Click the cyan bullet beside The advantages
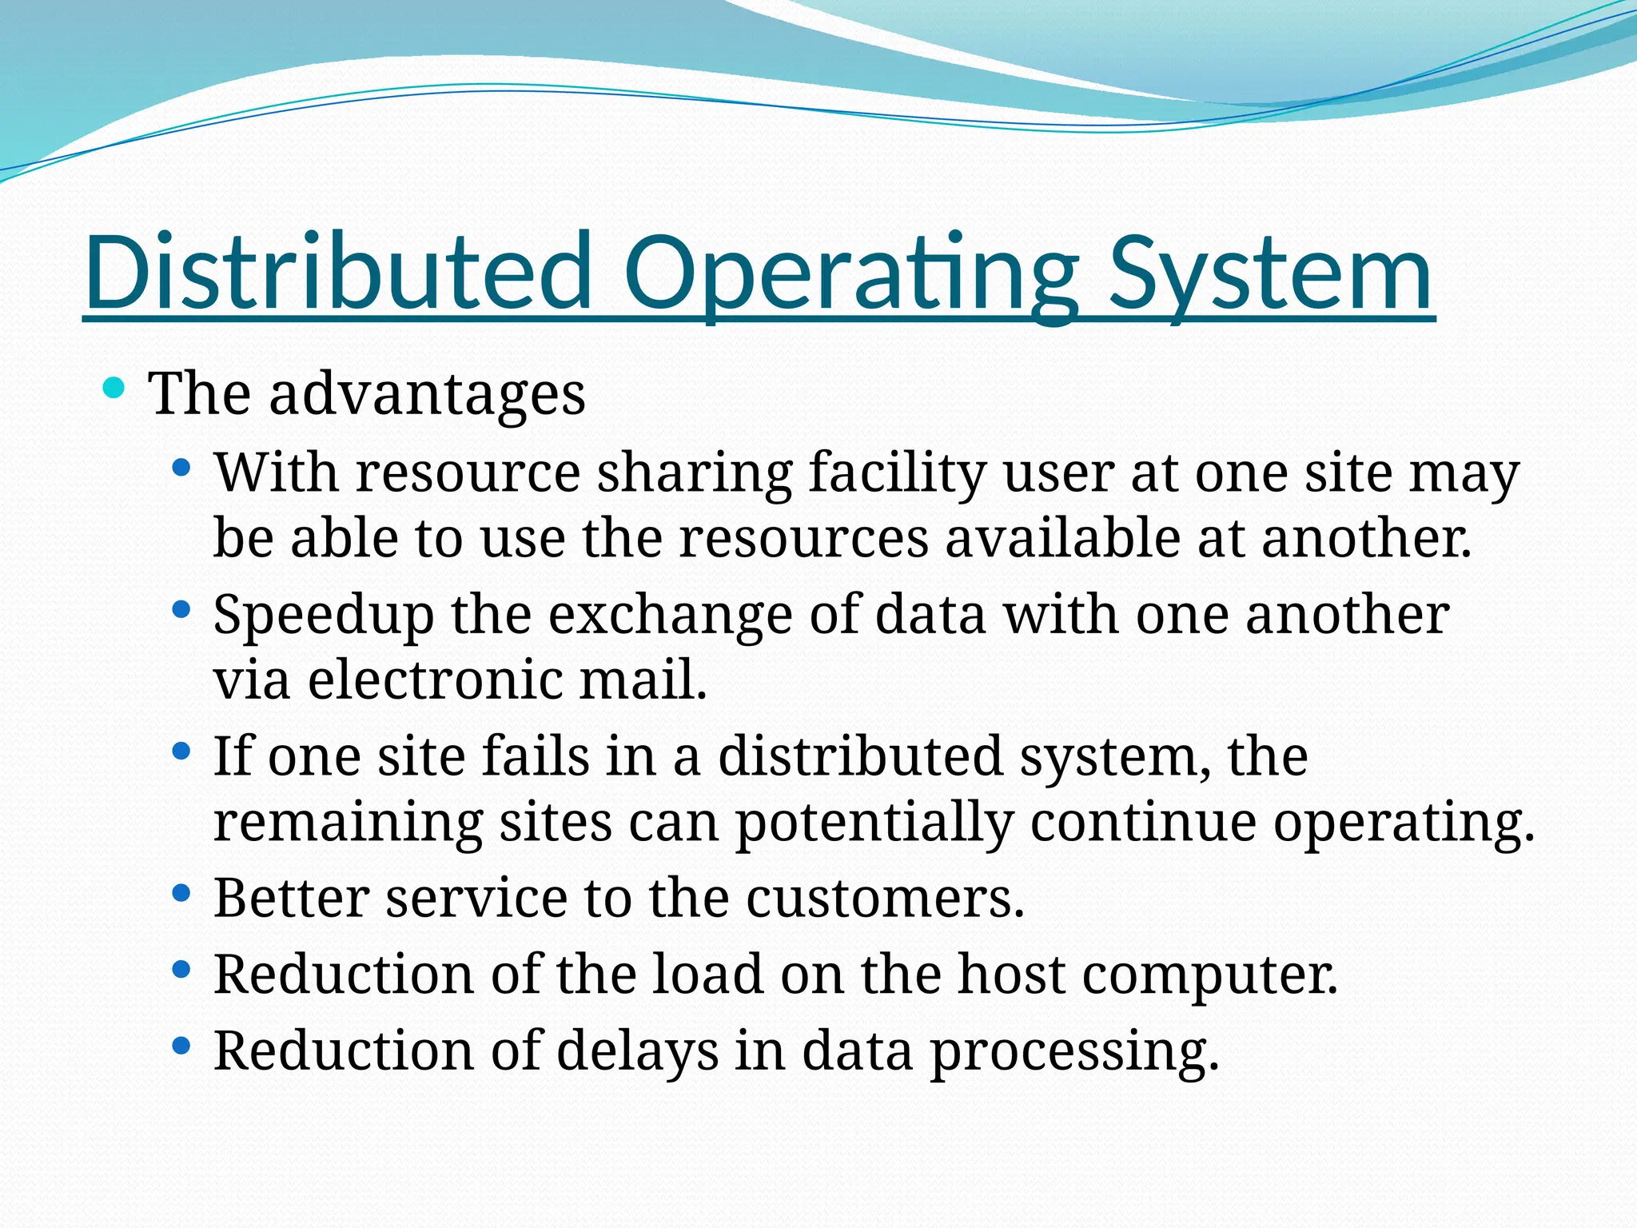[x=114, y=389]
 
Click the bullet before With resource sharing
[x=181, y=467]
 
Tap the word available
[x=1063, y=537]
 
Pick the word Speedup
[x=324, y=615]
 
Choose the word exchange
[x=670, y=615]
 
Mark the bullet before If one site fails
[x=181, y=752]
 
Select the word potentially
[x=874, y=822]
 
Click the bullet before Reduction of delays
[x=181, y=1045]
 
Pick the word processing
[x=1074, y=1051]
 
